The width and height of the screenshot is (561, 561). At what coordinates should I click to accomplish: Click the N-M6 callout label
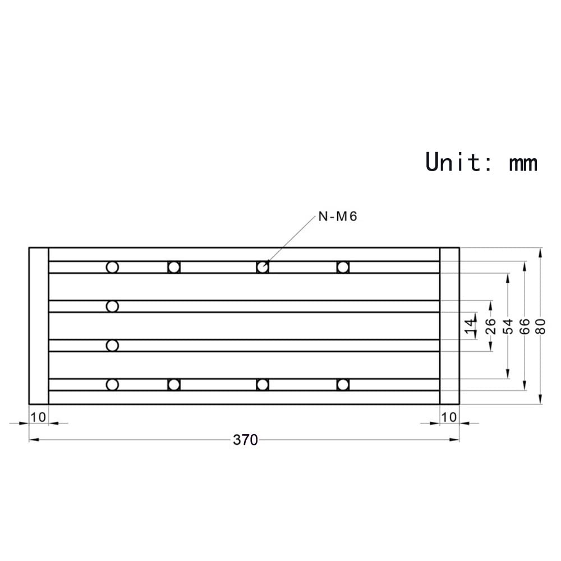(338, 217)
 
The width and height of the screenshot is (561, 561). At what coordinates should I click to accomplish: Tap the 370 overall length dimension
(245, 440)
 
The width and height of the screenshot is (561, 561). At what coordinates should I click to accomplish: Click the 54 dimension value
(508, 326)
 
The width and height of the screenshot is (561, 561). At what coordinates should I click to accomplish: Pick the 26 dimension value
(490, 326)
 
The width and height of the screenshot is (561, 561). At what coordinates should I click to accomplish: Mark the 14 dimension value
(470, 326)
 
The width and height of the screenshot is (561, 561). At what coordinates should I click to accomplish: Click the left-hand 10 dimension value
(38, 417)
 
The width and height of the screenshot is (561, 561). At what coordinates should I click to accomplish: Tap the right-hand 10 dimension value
(449, 417)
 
